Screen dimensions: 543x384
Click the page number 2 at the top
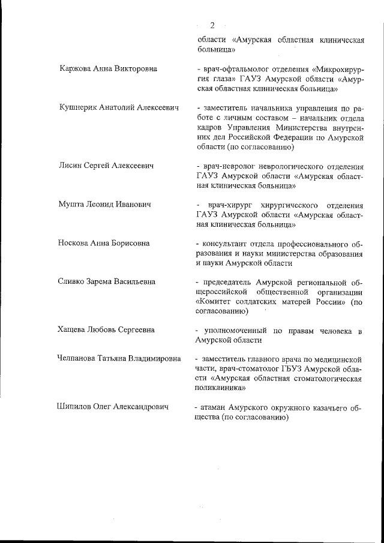(212, 25)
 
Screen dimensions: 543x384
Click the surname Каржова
(76, 68)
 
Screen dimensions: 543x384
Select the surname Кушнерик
(79, 107)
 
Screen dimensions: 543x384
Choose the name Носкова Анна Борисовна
(104, 244)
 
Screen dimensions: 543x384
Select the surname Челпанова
(80, 359)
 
